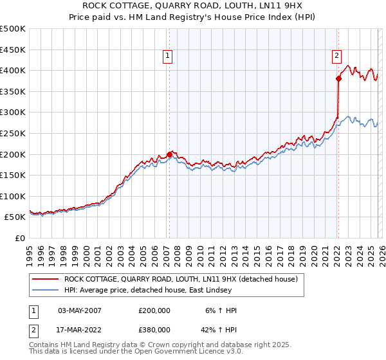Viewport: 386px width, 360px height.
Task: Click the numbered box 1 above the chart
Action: click(x=168, y=57)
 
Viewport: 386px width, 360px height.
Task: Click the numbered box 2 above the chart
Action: click(x=336, y=57)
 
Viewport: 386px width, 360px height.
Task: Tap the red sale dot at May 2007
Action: click(x=169, y=154)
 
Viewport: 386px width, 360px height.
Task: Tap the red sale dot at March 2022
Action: click(x=338, y=78)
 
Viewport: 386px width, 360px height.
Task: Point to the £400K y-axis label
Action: click(x=13, y=70)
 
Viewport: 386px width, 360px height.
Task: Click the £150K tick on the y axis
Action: click(x=13, y=175)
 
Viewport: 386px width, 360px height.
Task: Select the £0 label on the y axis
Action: click(x=19, y=238)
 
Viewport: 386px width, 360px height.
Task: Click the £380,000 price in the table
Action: click(x=154, y=330)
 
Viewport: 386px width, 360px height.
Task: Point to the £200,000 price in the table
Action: click(x=154, y=310)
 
